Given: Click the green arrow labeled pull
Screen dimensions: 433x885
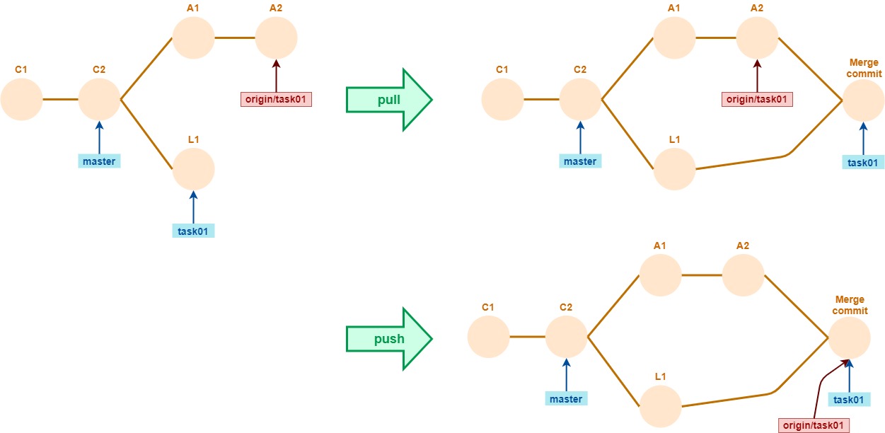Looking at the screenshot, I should (x=387, y=100).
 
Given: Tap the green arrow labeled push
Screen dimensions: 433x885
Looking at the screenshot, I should (x=387, y=338).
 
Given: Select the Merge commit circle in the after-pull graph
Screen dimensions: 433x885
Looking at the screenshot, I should (x=863, y=100).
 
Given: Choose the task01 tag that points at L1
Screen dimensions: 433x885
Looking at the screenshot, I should (x=193, y=230).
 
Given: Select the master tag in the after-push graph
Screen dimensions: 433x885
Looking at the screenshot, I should (x=566, y=398).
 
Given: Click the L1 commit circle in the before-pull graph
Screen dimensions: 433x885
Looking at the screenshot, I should (x=193, y=170).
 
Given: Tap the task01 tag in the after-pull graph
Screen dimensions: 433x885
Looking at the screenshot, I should (x=863, y=162).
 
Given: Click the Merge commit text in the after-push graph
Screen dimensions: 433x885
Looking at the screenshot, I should (x=850, y=306).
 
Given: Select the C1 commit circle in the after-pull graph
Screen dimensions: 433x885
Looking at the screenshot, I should (x=502, y=100).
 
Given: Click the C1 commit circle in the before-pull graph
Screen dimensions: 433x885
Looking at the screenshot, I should (x=21, y=100).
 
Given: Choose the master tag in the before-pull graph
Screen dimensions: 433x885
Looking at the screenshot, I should (x=99, y=161).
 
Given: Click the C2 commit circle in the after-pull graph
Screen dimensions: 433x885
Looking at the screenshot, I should (x=580, y=100).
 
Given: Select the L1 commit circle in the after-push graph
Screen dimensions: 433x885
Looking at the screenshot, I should (x=660, y=407).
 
